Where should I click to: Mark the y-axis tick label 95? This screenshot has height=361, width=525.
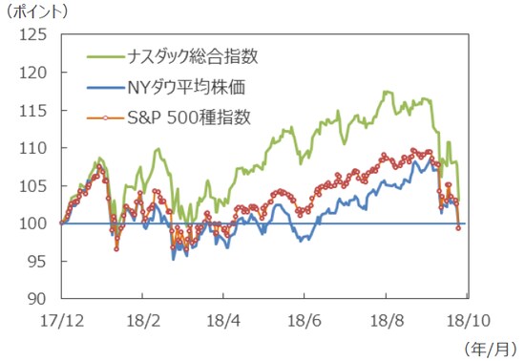[x=37, y=261]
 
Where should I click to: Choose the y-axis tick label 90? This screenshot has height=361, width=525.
[x=37, y=299]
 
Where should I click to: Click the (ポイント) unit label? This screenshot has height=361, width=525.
[x=37, y=11]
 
